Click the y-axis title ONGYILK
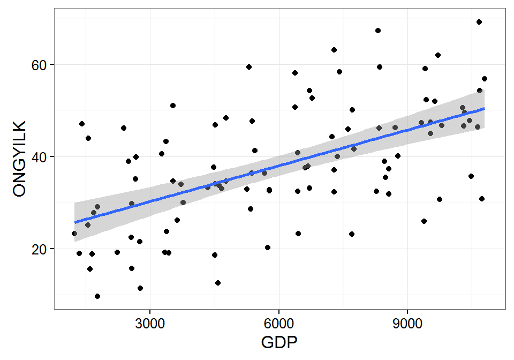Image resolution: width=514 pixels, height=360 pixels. (19, 159)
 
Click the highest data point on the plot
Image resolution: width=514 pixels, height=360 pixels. (479, 22)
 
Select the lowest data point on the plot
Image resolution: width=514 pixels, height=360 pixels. (97, 296)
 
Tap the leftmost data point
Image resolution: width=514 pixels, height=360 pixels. (74, 234)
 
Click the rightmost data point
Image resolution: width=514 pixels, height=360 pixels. (485, 79)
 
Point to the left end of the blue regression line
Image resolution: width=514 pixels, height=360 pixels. (75, 222)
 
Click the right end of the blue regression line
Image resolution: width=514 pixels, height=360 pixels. (484, 108)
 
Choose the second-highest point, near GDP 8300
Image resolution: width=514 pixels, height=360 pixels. (378, 31)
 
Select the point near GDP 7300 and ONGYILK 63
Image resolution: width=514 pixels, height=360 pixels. (334, 50)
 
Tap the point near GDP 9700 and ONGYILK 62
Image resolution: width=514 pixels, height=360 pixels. (438, 55)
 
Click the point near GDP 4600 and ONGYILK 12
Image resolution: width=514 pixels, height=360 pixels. (218, 283)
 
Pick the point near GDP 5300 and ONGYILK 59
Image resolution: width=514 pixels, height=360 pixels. (249, 67)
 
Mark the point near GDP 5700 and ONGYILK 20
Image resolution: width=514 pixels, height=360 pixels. (268, 247)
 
